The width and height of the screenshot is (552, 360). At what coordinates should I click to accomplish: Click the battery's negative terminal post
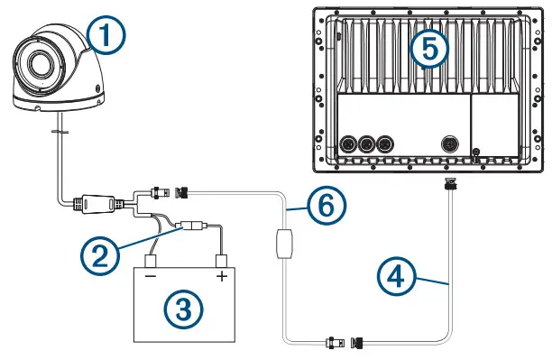151,264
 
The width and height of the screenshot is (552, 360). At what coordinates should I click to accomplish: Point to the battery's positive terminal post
219,264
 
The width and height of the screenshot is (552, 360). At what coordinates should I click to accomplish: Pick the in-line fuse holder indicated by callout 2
193,227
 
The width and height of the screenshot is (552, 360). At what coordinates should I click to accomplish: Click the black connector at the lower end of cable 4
357,343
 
